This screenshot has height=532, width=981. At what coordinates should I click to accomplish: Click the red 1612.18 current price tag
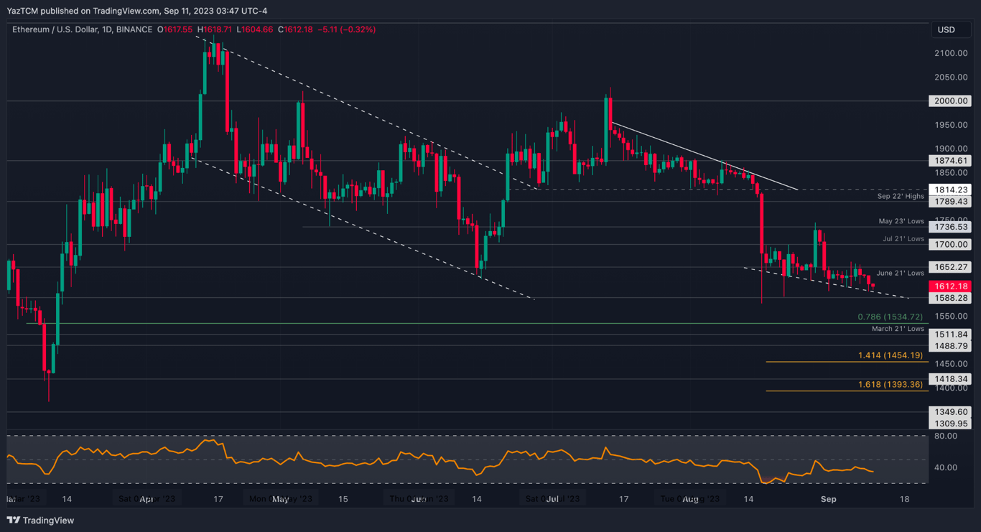pos(949,286)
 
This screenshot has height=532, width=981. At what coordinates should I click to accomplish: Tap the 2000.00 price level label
pos(949,101)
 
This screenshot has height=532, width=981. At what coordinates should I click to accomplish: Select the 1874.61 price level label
pos(949,161)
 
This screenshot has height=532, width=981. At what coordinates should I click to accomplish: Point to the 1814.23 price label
pos(949,190)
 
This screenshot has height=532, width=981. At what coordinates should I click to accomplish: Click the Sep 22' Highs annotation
pos(901,196)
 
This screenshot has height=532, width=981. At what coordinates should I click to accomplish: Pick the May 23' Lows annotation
pos(901,221)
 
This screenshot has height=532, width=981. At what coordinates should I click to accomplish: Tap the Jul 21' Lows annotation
pos(903,239)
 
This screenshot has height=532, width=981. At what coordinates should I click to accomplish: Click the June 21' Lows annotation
pos(900,273)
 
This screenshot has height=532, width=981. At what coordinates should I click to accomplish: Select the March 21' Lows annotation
pos(898,329)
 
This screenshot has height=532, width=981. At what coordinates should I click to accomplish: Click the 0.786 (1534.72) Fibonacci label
pos(890,317)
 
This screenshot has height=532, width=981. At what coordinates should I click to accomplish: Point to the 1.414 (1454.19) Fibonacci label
pos(890,355)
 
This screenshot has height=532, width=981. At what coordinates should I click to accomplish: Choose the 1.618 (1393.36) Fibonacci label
pos(890,385)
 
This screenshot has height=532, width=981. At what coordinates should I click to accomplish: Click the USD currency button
pos(947,29)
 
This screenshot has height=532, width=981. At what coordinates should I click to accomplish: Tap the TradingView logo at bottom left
pos(41,521)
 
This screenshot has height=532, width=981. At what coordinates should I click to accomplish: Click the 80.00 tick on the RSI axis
pos(946,436)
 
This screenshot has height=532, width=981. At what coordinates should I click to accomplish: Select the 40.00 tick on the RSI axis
pos(946,467)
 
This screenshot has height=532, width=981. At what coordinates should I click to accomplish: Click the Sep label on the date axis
pos(828,499)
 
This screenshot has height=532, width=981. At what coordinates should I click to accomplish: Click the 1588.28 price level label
pos(949,298)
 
